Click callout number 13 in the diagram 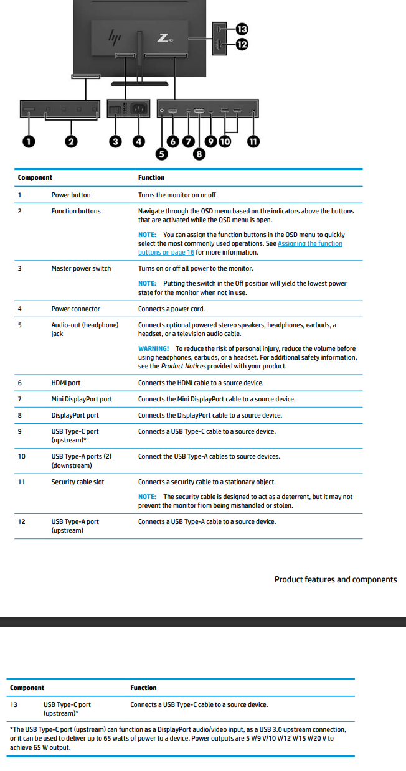242,29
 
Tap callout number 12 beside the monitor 242,44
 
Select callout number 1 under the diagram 29,141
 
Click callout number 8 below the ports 199,153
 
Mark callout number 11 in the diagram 253,141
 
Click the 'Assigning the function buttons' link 240,248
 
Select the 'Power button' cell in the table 71,195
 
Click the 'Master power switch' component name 81,268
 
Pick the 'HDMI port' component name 65,383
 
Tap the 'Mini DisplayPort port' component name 82,399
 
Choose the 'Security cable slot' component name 78,482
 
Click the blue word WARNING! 153,348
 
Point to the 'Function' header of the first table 151,177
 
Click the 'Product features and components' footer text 336,579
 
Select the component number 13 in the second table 14,704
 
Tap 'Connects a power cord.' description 171,309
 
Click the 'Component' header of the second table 27,688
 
